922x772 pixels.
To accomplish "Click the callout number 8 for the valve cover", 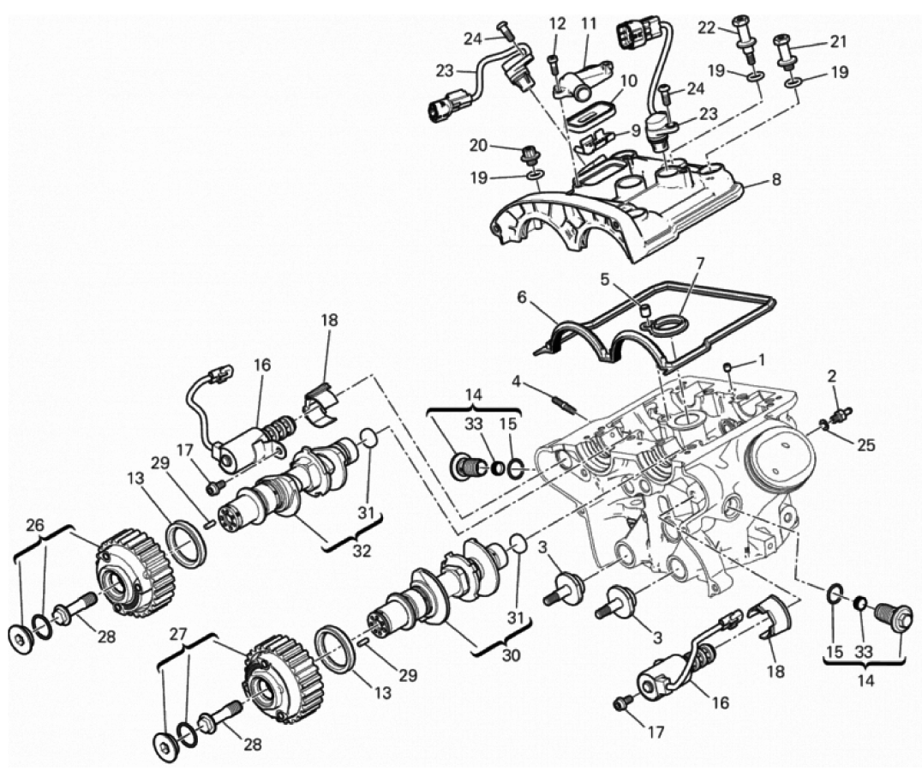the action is (x=776, y=179).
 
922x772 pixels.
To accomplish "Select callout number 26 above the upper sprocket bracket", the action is (x=35, y=526).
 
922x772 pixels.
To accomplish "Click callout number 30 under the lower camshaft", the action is (x=512, y=654).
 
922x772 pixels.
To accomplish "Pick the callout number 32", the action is (x=362, y=552).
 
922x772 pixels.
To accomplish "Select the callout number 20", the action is (x=478, y=145).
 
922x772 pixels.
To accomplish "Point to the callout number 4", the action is (x=517, y=383).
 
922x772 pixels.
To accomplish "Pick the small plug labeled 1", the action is (x=727, y=367).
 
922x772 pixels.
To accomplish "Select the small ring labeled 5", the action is (x=644, y=311).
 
